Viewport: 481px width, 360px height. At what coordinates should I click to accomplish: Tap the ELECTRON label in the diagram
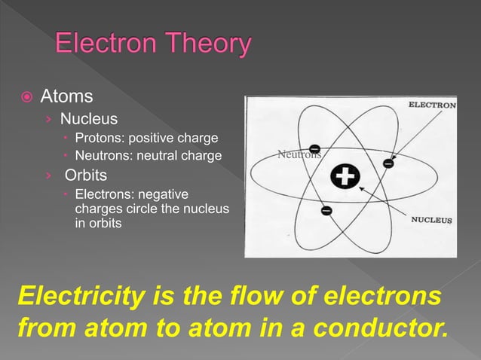[431, 105]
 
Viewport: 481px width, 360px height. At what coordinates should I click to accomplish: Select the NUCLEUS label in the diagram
[430, 221]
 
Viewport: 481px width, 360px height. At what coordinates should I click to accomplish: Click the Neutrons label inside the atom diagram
[299, 155]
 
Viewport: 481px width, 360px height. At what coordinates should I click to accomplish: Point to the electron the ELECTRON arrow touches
[388, 162]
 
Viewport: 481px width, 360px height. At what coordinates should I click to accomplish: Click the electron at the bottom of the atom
[326, 211]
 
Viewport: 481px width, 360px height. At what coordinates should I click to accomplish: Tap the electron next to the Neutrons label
[314, 147]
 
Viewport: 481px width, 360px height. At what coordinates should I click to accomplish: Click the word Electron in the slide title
[105, 46]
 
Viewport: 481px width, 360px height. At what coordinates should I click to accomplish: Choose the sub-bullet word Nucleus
[89, 118]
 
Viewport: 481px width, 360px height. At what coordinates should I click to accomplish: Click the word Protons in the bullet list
[99, 138]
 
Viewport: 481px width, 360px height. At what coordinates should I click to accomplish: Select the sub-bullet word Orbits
[86, 175]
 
